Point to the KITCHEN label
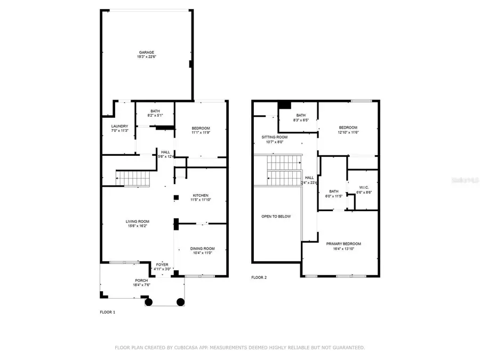(x=201, y=195)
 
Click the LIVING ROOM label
(x=137, y=221)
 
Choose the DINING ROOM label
(x=202, y=248)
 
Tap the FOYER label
(x=162, y=265)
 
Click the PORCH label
(x=141, y=281)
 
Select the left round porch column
(x=149, y=302)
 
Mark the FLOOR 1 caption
(x=107, y=312)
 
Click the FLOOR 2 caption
(x=259, y=277)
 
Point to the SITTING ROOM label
(x=275, y=137)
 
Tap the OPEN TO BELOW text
(x=276, y=216)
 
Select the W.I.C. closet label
(x=364, y=187)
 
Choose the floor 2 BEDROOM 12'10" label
(x=348, y=127)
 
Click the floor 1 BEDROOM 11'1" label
(x=201, y=128)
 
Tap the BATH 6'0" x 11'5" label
(x=334, y=191)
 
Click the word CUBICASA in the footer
(x=189, y=348)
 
